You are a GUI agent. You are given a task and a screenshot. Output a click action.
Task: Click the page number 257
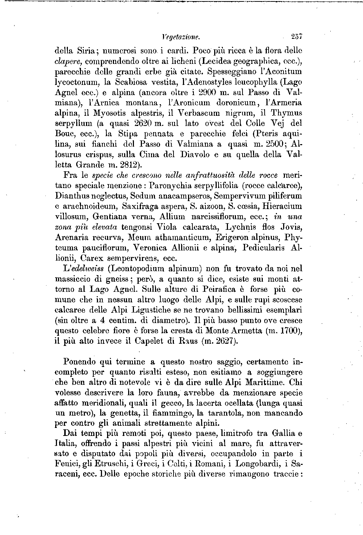(x=297, y=37)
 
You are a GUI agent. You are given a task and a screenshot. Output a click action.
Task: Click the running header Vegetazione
(x=180, y=37)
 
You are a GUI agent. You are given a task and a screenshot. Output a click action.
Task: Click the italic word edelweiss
(x=86, y=269)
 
